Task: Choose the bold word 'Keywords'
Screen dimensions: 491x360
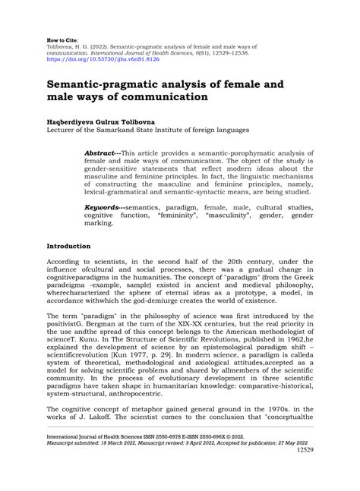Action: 102,206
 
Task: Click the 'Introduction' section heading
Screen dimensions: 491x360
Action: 68,247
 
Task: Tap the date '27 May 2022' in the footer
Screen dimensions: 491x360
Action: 293,464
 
